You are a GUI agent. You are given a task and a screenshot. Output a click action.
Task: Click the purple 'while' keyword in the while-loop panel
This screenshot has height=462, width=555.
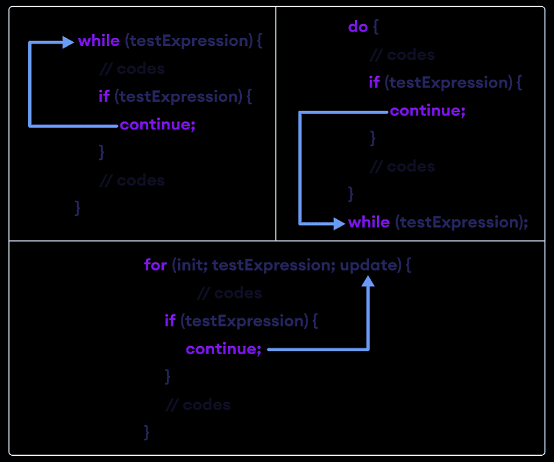coord(99,41)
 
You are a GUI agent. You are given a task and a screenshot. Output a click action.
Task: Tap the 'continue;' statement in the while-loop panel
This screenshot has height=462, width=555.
coord(158,124)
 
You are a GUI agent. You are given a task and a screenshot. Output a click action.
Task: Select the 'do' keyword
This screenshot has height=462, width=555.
coord(358,27)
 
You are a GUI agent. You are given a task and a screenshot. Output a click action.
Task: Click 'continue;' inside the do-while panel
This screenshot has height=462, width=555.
coord(428,111)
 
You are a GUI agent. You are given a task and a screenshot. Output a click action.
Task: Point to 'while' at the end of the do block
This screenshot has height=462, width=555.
coord(369,222)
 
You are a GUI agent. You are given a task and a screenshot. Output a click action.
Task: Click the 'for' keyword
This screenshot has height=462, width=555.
coord(155,264)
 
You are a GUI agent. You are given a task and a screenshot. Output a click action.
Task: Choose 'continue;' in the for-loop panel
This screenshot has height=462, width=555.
coord(224,349)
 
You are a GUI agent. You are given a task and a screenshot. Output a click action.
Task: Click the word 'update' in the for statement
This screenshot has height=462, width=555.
coord(366,264)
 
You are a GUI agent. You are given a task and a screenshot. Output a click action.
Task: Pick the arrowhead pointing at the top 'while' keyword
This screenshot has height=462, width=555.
coord(68,42)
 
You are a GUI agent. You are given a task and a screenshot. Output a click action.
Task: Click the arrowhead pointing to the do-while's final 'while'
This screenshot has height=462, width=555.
coord(339,224)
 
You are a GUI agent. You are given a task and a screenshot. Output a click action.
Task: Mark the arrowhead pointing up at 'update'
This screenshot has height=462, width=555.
coord(368,281)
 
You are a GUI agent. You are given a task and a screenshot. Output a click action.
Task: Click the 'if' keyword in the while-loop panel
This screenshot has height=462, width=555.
coord(104,97)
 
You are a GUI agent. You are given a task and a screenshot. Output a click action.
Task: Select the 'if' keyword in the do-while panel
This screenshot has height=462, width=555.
coord(374,83)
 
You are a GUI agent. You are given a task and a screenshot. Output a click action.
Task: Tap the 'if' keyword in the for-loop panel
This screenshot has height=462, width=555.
coord(170,321)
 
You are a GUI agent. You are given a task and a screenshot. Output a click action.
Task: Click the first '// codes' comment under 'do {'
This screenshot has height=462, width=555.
coord(402,55)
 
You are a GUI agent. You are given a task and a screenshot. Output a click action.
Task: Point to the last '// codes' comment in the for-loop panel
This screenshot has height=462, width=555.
coord(198,404)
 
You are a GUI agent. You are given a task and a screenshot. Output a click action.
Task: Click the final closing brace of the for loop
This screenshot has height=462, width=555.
coord(147,432)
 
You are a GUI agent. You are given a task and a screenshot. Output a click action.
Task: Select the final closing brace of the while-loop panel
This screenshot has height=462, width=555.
coord(77,208)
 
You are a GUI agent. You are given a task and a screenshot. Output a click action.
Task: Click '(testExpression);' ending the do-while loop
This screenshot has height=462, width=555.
coord(461,222)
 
